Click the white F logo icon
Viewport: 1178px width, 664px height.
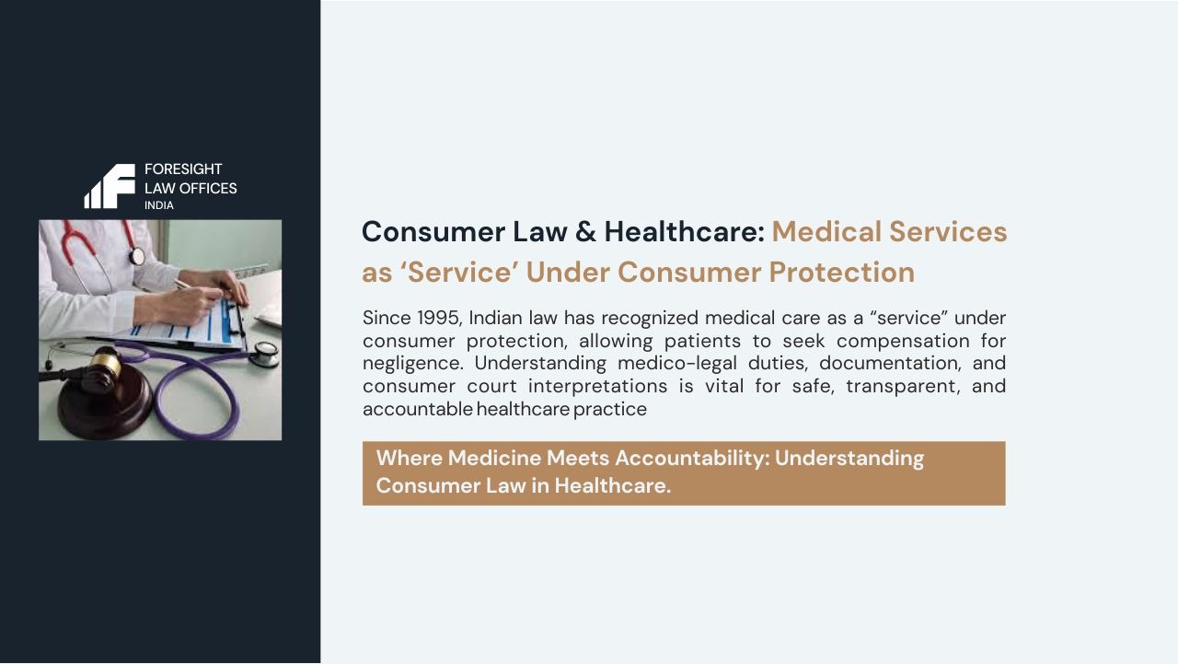110,186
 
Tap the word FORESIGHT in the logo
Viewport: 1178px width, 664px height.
183,169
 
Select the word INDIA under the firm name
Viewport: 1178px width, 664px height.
158,205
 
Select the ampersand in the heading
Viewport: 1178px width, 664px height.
585,231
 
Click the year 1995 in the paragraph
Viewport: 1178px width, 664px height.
437,318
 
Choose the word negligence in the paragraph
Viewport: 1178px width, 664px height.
413,363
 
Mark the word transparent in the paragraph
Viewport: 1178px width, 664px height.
894,386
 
